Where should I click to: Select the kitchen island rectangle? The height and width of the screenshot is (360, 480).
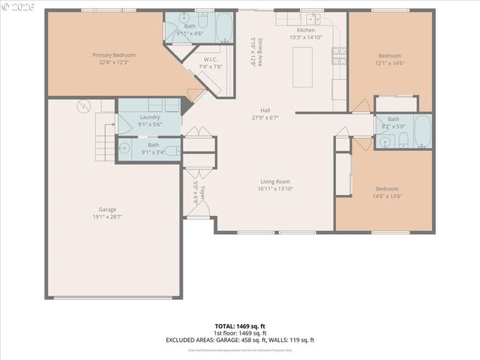click(302, 67)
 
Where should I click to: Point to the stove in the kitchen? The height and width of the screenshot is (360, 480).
click(339, 55)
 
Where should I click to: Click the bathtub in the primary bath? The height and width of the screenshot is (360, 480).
click(225, 27)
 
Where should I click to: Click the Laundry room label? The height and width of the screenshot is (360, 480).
click(149, 117)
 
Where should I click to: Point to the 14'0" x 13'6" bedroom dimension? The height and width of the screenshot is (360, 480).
click(387, 196)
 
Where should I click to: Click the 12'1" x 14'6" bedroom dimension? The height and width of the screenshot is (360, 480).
click(389, 64)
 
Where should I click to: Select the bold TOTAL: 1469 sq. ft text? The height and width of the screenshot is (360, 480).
click(239, 326)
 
